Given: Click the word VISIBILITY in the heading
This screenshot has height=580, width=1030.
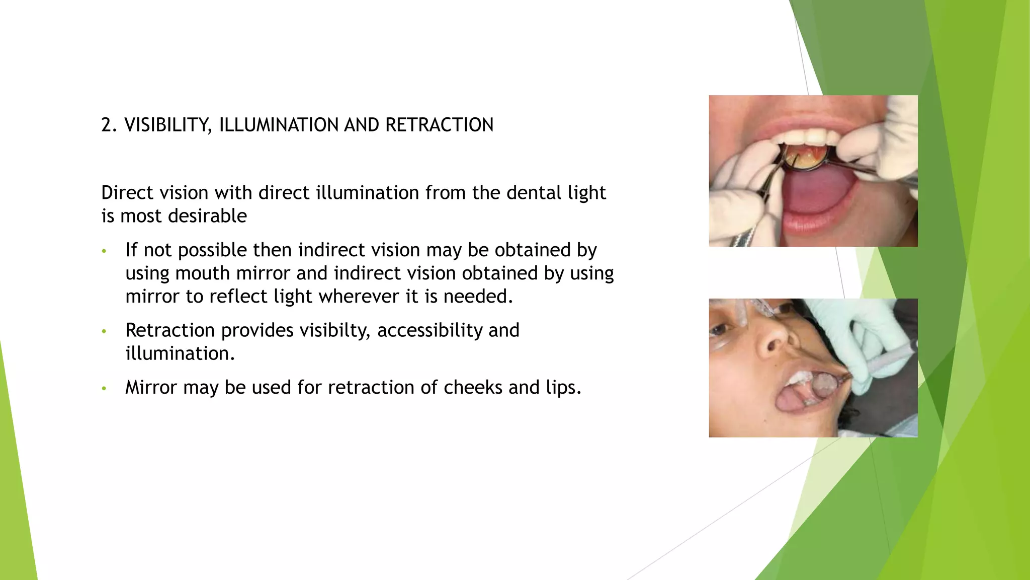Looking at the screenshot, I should (x=168, y=125).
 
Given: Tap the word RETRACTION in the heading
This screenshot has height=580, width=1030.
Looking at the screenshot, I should (x=439, y=125).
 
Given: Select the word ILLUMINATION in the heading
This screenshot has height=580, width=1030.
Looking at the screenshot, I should (x=279, y=125).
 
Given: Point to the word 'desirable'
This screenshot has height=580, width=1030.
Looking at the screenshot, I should (x=207, y=216).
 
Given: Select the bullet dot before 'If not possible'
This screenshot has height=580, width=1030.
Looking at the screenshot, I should (x=104, y=251).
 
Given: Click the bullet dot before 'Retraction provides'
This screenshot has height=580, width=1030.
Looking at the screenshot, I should (x=104, y=331).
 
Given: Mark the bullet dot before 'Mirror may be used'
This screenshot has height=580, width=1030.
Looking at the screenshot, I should (x=104, y=388).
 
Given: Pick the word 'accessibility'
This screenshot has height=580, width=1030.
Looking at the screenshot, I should (x=430, y=331).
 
